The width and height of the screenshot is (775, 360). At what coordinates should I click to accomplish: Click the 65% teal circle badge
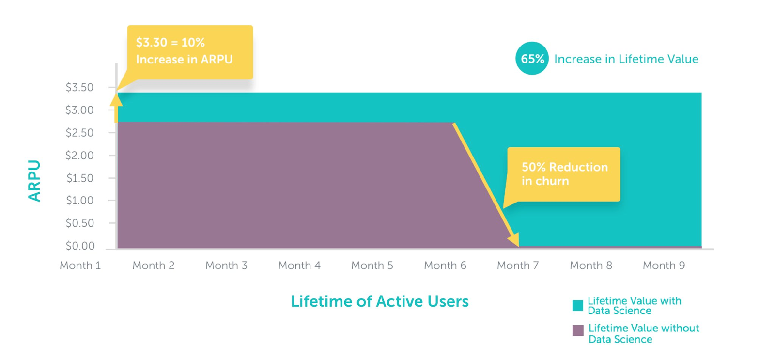tap(532, 59)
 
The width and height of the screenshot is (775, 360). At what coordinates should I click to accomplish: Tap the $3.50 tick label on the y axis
tap(79, 87)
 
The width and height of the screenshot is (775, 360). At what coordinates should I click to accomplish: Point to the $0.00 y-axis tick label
tap(80, 246)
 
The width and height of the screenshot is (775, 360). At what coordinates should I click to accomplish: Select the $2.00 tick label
tap(79, 156)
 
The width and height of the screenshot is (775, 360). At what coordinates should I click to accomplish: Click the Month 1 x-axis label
tap(80, 266)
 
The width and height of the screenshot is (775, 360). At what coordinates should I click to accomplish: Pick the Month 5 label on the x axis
tap(372, 266)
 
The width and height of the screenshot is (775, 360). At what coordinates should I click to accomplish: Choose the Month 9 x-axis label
tap(664, 266)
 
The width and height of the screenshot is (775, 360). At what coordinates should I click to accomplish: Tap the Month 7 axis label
tap(518, 266)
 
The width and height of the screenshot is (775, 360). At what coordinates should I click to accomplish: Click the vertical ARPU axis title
tap(34, 180)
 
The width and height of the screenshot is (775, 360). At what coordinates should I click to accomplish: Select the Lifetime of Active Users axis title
tap(380, 301)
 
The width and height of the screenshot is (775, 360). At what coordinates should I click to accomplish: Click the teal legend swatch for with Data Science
tap(577, 306)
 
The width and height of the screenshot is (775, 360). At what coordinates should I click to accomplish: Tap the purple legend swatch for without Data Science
tap(577, 331)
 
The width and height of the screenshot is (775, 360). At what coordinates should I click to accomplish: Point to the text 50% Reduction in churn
tap(564, 174)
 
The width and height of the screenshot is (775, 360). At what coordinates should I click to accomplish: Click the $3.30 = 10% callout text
tap(184, 51)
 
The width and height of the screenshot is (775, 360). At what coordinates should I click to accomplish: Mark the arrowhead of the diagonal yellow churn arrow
tap(514, 240)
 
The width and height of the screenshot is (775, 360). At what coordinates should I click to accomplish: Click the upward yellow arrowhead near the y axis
tap(116, 99)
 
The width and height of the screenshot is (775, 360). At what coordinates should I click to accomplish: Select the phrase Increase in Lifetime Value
tap(626, 59)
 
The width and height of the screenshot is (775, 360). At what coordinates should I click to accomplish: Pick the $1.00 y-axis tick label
tap(79, 201)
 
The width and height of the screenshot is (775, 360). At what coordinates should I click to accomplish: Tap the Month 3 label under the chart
tap(226, 266)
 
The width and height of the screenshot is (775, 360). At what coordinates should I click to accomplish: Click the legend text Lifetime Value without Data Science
tap(644, 334)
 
